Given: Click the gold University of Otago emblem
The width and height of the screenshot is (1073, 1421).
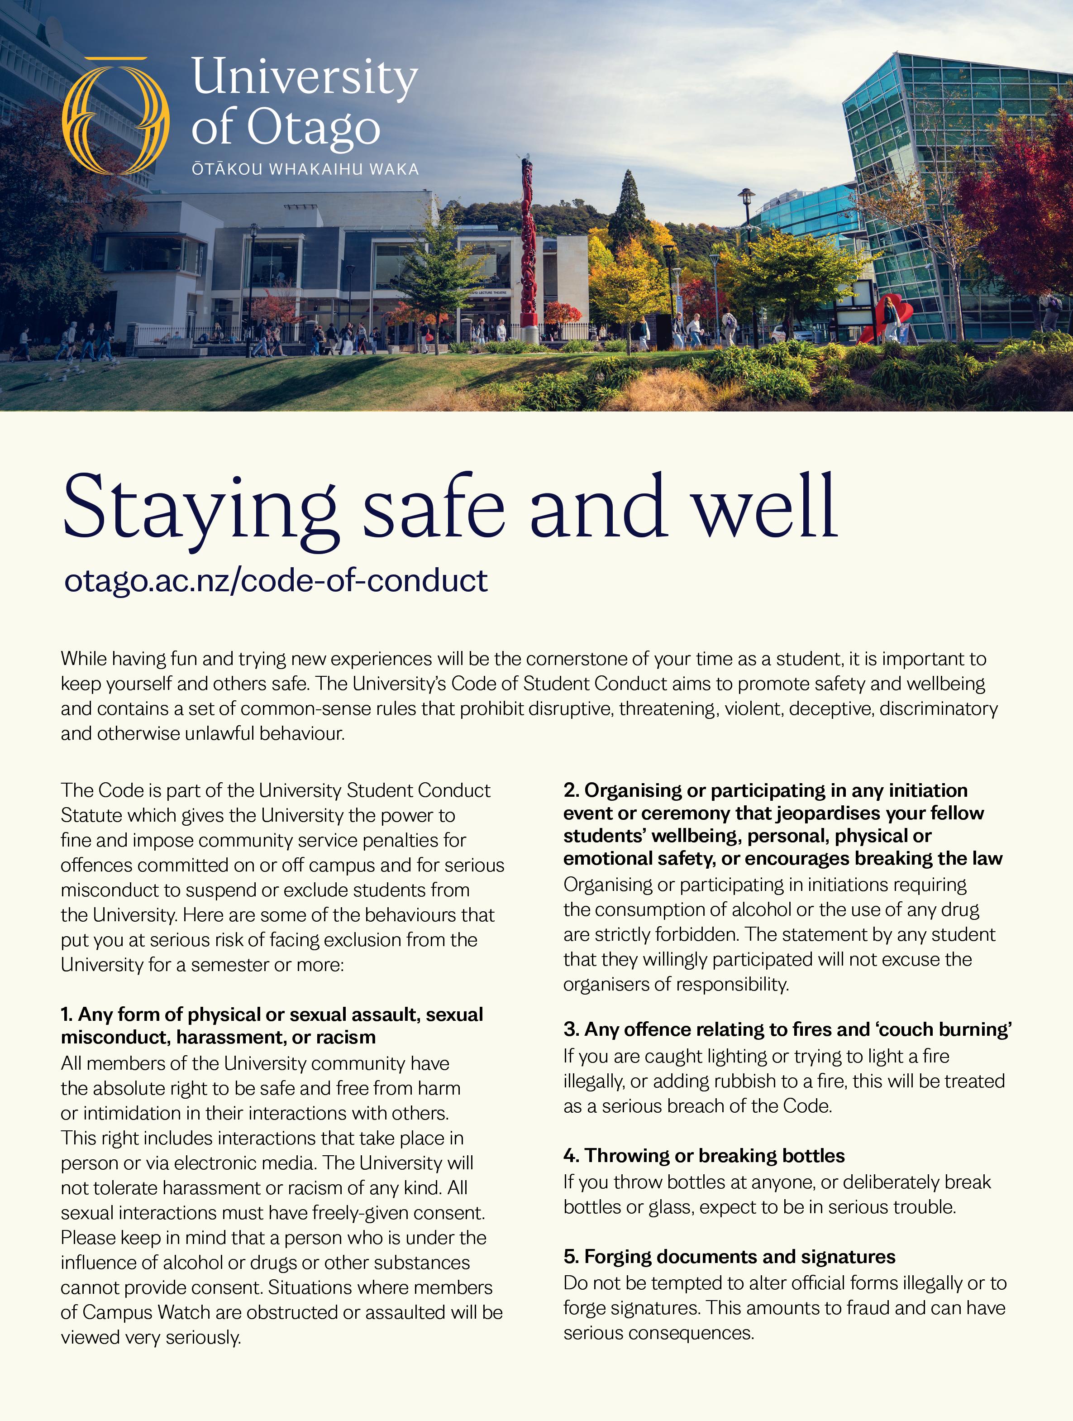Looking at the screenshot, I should [x=115, y=115].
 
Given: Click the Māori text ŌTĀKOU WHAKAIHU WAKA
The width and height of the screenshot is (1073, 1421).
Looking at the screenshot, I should [x=305, y=170].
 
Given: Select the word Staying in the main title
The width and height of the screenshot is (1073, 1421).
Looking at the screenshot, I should [x=199, y=507].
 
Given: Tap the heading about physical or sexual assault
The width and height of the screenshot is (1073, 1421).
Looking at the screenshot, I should [x=272, y=1025].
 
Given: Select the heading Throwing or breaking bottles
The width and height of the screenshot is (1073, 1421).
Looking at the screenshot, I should [x=704, y=1155].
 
